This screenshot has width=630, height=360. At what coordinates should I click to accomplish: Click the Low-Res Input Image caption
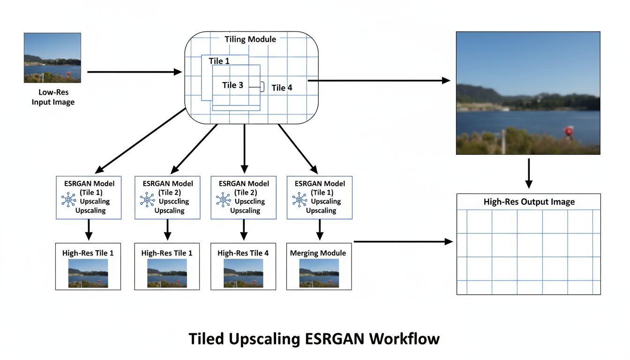[x=52, y=97]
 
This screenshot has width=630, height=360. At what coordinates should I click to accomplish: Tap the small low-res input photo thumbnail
[x=52, y=58]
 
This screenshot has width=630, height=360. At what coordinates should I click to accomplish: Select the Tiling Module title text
[x=250, y=39]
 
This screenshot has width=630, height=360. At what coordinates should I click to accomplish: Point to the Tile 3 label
[x=232, y=85]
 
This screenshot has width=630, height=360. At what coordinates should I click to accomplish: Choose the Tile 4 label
[x=282, y=88]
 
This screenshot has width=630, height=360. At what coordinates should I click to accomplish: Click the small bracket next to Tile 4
[x=262, y=86]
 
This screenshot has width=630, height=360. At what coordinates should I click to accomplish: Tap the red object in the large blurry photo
[x=569, y=131]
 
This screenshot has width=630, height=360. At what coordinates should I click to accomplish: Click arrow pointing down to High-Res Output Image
[x=528, y=173]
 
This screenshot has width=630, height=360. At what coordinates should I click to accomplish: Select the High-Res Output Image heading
[x=529, y=202]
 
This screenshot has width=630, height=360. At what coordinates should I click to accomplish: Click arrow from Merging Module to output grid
[x=403, y=242]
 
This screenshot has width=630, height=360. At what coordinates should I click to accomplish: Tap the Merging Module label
[x=318, y=253]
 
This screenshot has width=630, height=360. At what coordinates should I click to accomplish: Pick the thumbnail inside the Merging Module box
[x=319, y=273]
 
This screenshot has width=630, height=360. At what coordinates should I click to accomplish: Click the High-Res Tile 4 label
[x=243, y=253]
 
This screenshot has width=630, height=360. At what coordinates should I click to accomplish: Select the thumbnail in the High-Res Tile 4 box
[x=243, y=273]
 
